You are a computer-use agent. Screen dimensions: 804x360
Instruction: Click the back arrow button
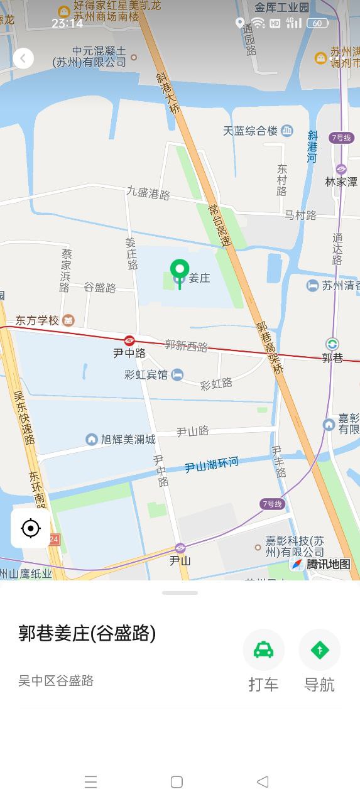pyautogui.click(x=23, y=58)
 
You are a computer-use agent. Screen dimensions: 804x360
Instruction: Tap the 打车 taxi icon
pyautogui.click(x=263, y=649)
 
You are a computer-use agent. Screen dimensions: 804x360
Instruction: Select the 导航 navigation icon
pyautogui.click(x=319, y=649)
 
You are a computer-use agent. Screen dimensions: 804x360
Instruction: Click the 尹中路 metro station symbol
pyautogui.click(x=129, y=340)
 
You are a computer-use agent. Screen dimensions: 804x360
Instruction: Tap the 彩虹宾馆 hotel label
pyautogui.click(x=146, y=375)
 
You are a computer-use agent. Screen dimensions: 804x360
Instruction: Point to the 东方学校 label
pyautogui.click(x=38, y=320)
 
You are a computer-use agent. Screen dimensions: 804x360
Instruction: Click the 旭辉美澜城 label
pyautogui.click(x=128, y=439)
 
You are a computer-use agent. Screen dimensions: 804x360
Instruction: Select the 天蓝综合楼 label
pyautogui.click(x=250, y=131)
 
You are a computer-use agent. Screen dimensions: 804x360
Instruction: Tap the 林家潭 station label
pyautogui.click(x=341, y=182)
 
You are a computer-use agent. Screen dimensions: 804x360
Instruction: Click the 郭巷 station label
pyautogui.click(x=332, y=357)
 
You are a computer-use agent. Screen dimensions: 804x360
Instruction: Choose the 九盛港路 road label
pyautogui.click(x=148, y=193)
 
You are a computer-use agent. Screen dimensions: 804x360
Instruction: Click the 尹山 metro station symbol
pyautogui.click(x=180, y=548)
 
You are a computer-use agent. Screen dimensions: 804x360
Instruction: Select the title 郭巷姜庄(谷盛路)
pyautogui.click(x=87, y=634)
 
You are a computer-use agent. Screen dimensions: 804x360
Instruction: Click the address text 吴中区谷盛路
pyautogui.click(x=56, y=680)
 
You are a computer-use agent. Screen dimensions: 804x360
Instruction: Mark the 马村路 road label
pyautogui.click(x=300, y=215)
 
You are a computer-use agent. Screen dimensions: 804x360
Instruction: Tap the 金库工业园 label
pyautogui.click(x=281, y=8)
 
